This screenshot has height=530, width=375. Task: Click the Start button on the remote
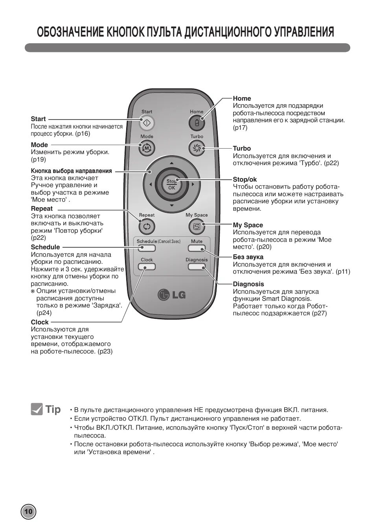[x=147, y=123]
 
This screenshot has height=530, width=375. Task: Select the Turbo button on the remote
[x=197, y=148]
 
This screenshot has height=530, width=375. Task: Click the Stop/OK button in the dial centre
[x=172, y=184]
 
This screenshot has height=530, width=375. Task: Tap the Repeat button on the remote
[x=147, y=226]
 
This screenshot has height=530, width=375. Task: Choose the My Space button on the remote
[x=197, y=226]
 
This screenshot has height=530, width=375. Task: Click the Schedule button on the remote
[x=147, y=248]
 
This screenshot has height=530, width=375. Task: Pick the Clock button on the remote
[x=147, y=267]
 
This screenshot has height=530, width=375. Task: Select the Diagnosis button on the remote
[x=197, y=267]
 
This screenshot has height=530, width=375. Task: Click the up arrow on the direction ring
[x=171, y=162]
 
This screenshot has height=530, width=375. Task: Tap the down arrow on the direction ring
[x=171, y=206]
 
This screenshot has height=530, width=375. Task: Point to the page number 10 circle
[x=28, y=512]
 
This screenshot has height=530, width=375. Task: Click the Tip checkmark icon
[x=37, y=409]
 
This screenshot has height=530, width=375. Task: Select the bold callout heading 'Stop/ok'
[x=244, y=180]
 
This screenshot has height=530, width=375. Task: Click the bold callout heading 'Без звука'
[x=248, y=257]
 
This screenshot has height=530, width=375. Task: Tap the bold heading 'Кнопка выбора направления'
[x=71, y=171]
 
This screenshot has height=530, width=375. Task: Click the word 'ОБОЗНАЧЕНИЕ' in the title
[x=71, y=32]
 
